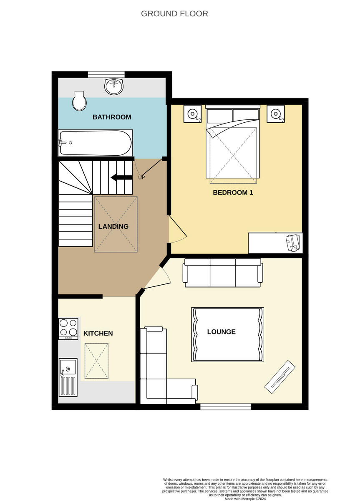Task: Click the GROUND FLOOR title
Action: coord(174,14)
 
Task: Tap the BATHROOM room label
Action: coord(112,117)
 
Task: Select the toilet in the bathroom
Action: coord(79,101)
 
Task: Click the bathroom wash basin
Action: coord(114,86)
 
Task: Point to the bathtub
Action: coord(95,142)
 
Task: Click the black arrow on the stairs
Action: coord(119,177)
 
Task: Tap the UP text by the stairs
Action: coord(141,177)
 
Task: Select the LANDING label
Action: coord(113,227)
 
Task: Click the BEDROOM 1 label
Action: coord(233,193)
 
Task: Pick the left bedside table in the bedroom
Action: coord(193,114)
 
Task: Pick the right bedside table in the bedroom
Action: coord(276,114)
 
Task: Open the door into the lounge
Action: coord(156,278)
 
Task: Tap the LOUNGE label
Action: coord(221,332)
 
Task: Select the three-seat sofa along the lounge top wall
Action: coord(224,273)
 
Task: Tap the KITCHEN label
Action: coord(98,333)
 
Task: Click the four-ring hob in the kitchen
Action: coord(68,328)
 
